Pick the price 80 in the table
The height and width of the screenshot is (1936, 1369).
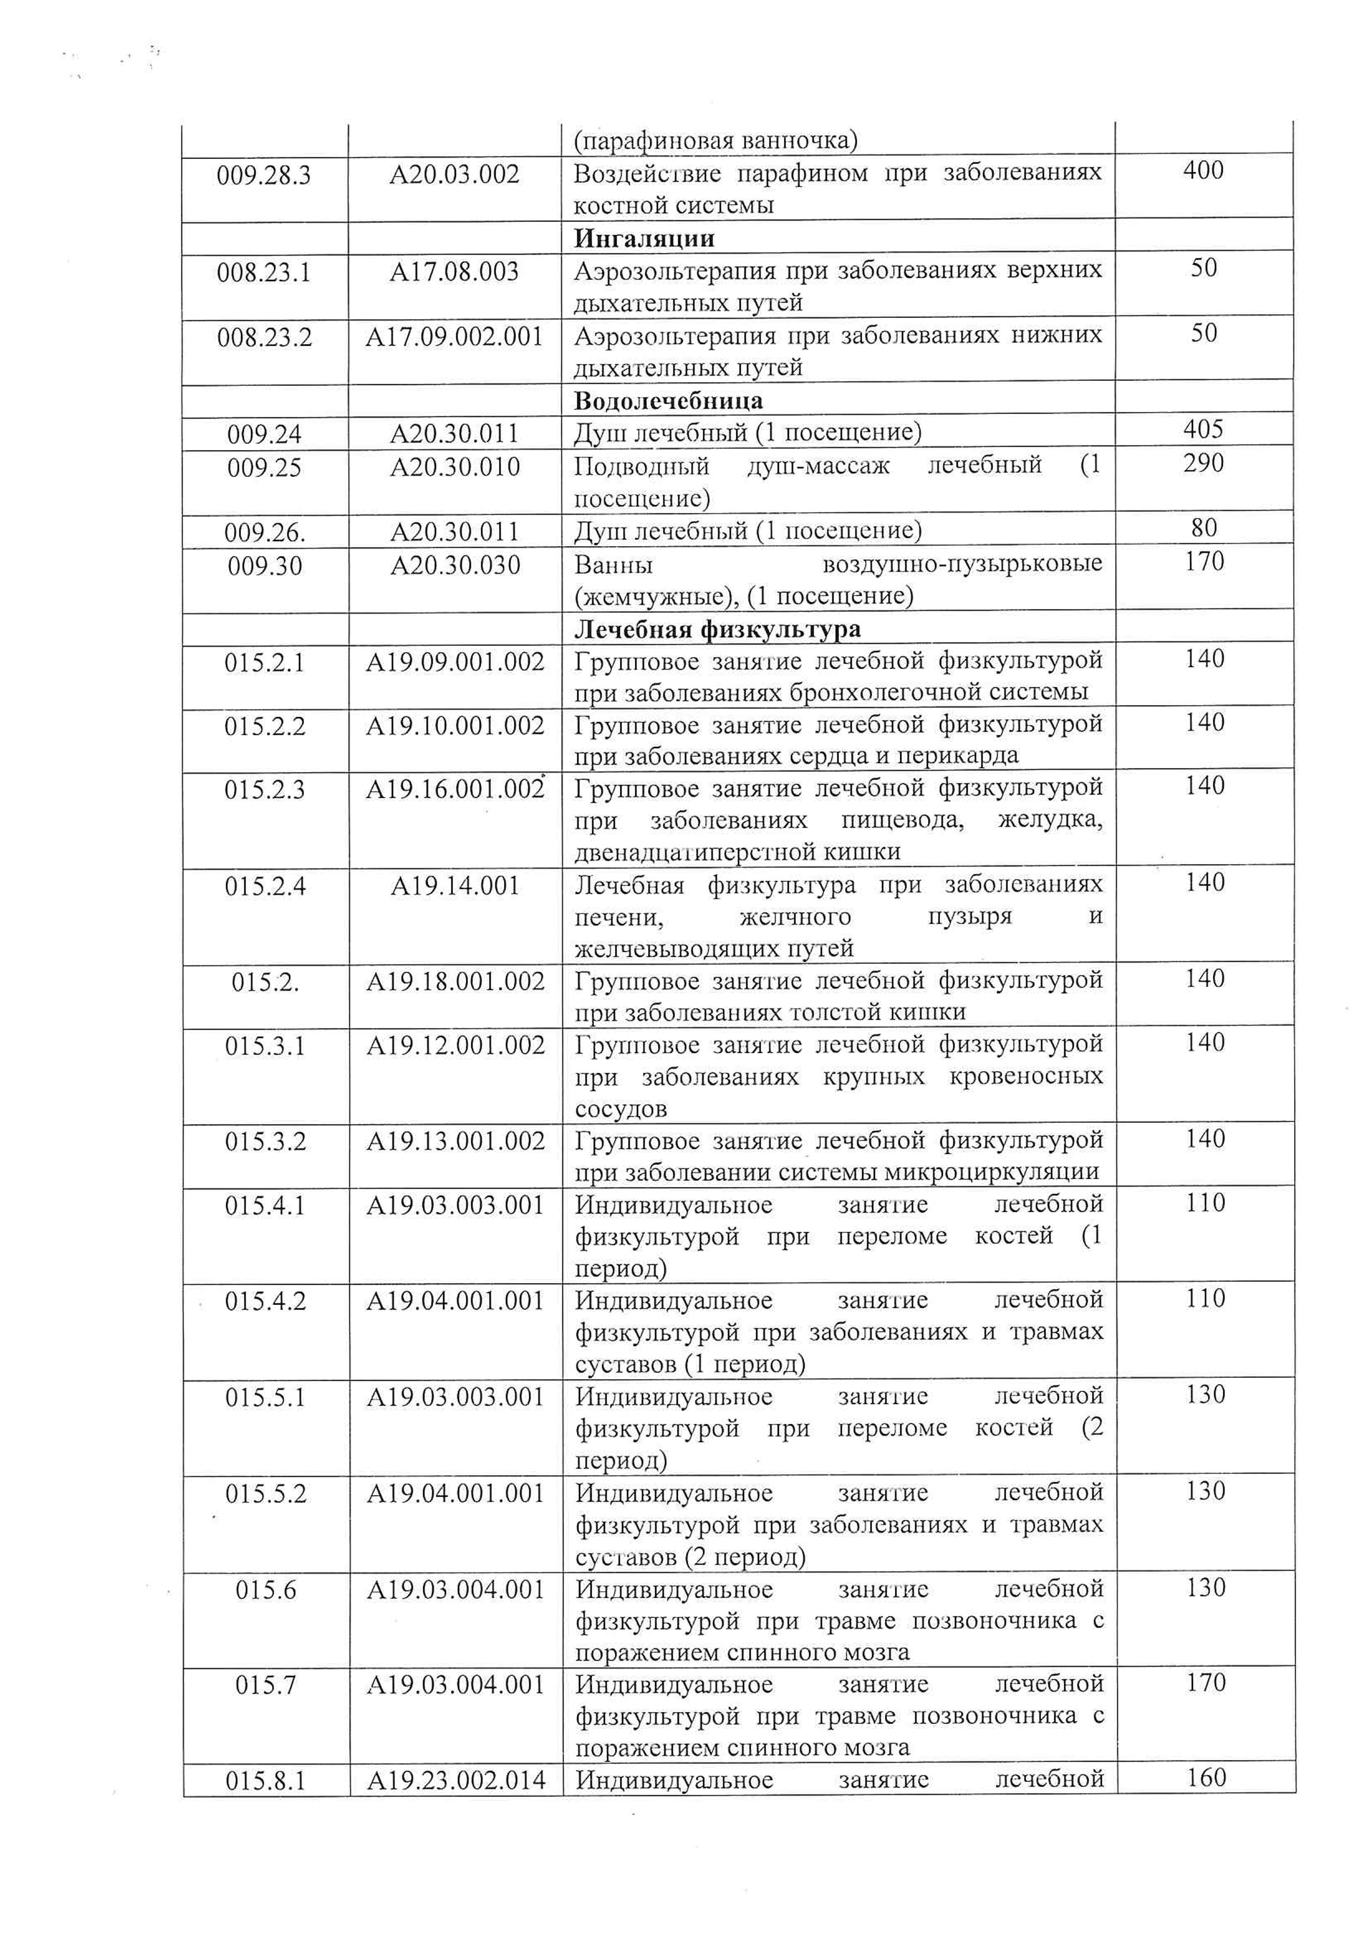coord(1204,528)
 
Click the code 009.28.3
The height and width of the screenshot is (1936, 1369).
coord(264,176)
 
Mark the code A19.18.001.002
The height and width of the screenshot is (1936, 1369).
coord(455,982)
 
